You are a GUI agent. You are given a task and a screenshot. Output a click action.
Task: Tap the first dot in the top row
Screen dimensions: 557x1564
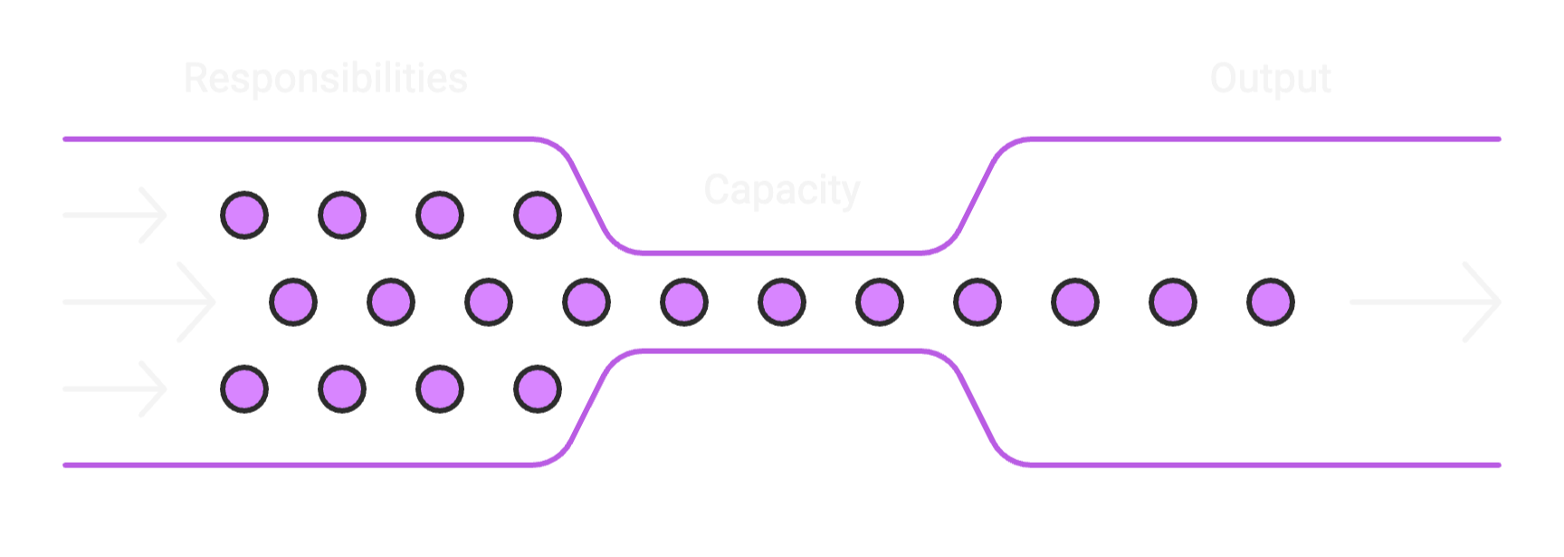click(x=244, y=216)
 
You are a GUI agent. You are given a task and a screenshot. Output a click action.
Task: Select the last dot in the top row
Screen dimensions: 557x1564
click(x=538, y=216)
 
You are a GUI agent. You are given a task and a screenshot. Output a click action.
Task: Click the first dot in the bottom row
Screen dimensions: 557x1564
click(x=244, y=389)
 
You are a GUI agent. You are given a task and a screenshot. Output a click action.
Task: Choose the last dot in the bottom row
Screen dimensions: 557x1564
click(x=538, y=389)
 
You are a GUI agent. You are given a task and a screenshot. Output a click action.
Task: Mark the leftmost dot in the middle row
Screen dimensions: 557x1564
click(x=293, y=302)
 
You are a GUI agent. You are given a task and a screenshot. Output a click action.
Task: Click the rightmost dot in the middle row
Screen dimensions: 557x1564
click(x=1271, y=302)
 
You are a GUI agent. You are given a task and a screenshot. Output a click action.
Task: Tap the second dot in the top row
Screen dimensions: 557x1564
click(x=342, y=216)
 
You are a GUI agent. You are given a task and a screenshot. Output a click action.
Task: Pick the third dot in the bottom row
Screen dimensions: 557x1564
click(x=440, y=389)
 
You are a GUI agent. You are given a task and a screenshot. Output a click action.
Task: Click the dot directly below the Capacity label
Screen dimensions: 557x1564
click(x=782, y=302)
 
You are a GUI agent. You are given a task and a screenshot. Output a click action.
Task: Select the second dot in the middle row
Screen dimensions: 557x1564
click(x=391, y=302)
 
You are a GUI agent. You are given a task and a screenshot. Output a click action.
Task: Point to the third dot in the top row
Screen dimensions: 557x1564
click(x=440, y=216)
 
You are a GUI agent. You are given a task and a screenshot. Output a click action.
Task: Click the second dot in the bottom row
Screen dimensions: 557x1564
click(x=342, y=389)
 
